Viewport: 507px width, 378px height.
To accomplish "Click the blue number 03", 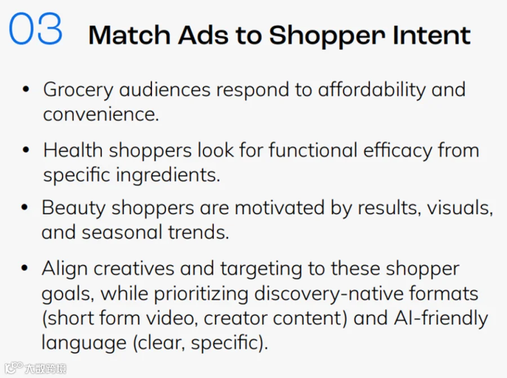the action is click(35, 29).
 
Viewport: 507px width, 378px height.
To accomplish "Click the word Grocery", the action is click(78, 91).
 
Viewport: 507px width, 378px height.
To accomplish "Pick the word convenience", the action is click(101, 115).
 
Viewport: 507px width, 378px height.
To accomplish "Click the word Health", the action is click(73, 150).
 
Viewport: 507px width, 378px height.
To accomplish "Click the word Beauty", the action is click(73, 209).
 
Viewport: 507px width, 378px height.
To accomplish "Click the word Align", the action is click(64, 270).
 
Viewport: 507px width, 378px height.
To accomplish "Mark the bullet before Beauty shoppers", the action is click(25, 207).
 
